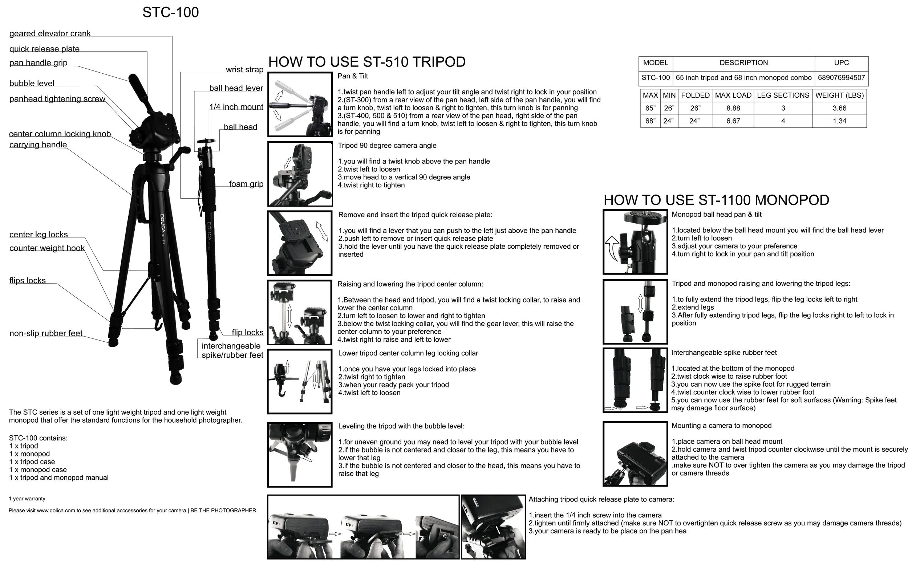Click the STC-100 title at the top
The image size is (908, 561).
170,12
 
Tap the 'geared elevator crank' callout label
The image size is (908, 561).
50,33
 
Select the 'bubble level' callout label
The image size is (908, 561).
32,83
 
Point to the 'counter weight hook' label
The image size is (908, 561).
47,248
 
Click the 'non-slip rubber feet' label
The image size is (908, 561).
46,333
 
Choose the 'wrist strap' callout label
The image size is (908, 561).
244,69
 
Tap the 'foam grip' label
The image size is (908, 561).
246,184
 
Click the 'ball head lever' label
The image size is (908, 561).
236,88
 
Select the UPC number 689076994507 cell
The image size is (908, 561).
841,78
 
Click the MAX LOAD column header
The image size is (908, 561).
733,95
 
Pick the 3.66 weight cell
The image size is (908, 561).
839,108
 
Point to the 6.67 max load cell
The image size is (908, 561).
733,121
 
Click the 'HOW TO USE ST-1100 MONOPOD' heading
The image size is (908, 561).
716,200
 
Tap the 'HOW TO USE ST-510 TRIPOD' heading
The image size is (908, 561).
366,62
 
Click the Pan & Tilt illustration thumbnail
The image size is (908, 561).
300,104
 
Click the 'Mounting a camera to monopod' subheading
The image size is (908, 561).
721,426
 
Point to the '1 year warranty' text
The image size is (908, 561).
27,499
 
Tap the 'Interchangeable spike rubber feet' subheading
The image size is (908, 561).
724,353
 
